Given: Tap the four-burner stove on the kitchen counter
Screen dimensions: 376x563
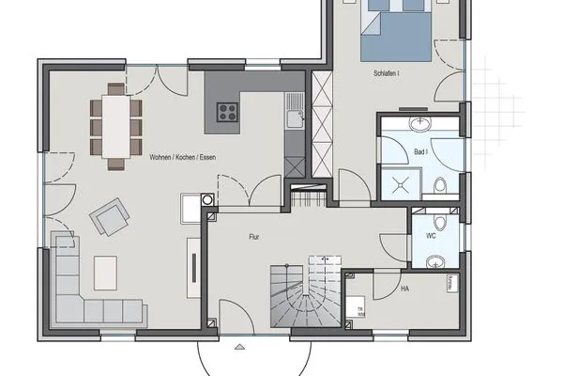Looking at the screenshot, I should [x=227, y=112].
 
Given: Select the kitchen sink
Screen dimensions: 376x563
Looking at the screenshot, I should [x=295, y=117].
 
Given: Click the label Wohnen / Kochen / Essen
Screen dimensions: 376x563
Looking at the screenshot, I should [x=182, y=156].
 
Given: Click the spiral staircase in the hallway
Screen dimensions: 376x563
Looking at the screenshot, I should [x=301, y=292].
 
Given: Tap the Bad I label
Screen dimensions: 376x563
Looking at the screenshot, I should [x=420, y=151].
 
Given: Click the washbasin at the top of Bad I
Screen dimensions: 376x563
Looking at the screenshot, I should [x=418, y=125].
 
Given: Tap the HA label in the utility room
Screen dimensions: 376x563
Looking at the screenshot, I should [x=404, y=289].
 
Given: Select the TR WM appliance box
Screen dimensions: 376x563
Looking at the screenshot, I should [x=358, y=309].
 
